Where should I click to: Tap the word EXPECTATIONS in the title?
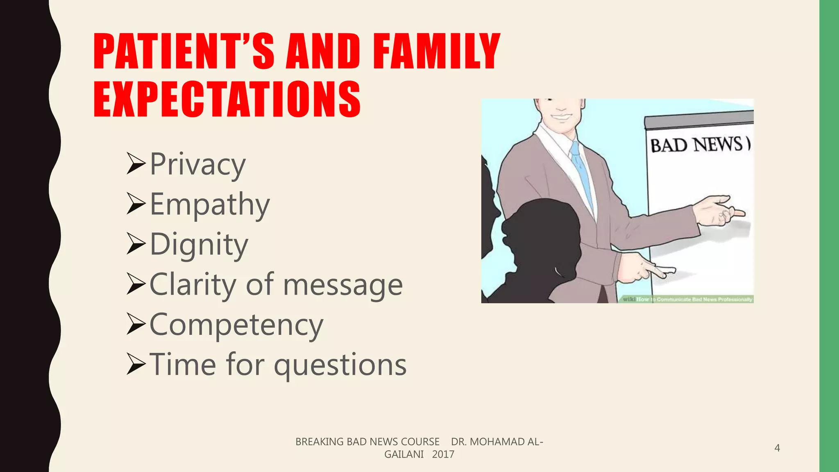point(227,99)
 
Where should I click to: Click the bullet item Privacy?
point(197,164)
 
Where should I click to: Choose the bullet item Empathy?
point(210,204)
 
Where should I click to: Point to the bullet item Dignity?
point(199,244)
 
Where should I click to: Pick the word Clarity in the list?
point(193,284)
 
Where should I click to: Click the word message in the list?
point(343,285)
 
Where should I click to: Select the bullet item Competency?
point(236,324)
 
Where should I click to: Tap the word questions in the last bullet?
point(340,365)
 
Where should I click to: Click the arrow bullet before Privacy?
point(136,163)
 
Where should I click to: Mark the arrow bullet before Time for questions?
point(136,364)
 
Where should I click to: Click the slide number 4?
point(777,448)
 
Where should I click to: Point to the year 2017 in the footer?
point(443,454)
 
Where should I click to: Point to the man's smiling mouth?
point(560,116)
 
